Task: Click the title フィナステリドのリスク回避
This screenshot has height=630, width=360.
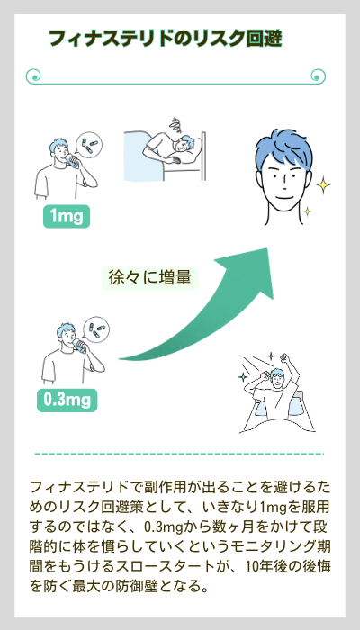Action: coord(165,39)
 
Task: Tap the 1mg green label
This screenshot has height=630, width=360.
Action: coord(67,216)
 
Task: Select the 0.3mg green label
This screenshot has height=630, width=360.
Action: coord(67,400)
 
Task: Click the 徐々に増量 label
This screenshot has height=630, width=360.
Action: coord(149,278)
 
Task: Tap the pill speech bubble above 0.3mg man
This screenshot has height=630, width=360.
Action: coord(96,328)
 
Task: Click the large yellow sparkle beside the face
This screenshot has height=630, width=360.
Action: coord(323,185)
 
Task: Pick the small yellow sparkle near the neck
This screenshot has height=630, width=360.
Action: coord(307,211)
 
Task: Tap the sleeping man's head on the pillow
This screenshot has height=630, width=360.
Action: coord(185,144)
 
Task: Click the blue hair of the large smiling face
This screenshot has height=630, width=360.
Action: coord(283,149)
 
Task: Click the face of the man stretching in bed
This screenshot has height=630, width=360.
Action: coord(276,379)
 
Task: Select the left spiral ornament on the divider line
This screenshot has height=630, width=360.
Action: coord(34,76)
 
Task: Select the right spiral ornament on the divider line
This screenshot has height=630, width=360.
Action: coord(319,76)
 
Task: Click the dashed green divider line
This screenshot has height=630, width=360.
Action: coord(179,454)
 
